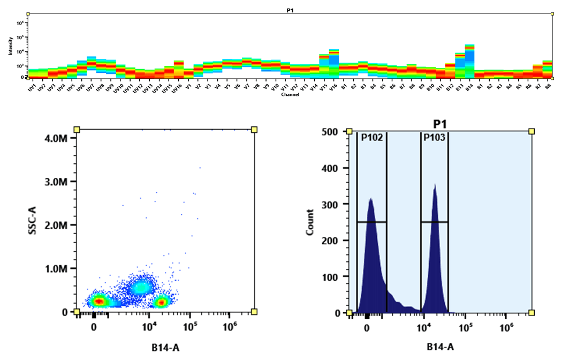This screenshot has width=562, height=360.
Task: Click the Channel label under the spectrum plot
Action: click(x=289, y=95)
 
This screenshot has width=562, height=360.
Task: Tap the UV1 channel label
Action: click(x=33, y=87)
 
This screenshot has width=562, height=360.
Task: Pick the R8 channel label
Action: click(x=547, y=86)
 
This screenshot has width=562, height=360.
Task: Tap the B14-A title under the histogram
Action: click(x=442, y=347)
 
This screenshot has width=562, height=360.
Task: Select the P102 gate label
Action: click(x=371, y=137)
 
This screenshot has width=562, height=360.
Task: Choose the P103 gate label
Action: click(x=434, y=137)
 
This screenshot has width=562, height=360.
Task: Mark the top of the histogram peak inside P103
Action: click(x=435, y=185)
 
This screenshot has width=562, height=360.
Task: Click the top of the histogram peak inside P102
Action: click(x=370, y=198)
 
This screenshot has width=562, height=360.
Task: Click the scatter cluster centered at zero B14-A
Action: click(x=98, y=302)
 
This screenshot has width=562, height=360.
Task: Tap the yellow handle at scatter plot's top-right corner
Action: click(x=254, y=130)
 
